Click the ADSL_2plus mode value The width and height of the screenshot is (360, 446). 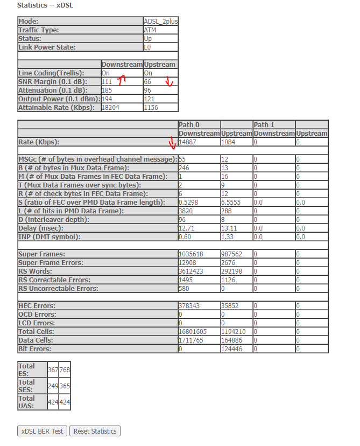(160, 22)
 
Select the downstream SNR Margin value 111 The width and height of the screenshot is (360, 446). (107, 81)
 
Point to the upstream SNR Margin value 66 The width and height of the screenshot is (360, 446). (147, 81)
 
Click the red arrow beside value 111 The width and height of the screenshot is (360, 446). (122, 80)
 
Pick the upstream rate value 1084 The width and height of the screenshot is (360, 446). (228, 142)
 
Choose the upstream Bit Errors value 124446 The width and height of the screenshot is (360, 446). (232, 349)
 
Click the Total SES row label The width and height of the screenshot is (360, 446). (27, 386)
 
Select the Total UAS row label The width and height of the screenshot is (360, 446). (27, 401)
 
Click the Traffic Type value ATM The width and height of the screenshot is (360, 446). (150, 30)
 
